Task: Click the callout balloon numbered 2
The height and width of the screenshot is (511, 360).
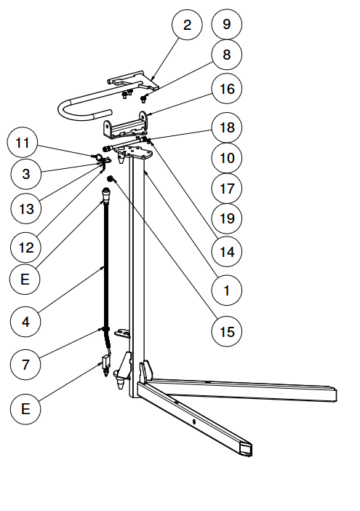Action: coord(187,25)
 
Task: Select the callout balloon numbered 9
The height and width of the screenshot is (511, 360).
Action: coord(227,25)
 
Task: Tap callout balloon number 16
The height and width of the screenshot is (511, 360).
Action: coord(227,88)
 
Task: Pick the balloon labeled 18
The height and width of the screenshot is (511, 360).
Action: coord(227,127)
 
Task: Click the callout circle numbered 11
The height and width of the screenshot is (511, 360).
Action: coord(23,143)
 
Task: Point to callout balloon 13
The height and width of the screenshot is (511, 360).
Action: coord(26,209)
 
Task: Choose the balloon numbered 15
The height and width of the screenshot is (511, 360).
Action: coord(227,332)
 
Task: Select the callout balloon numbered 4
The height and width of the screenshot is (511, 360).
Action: coord(25,322)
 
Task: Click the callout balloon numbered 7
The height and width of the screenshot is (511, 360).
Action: coord(25,364)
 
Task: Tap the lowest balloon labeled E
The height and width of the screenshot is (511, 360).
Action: coord(25,408)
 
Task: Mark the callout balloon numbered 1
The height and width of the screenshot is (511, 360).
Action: coord(227,290)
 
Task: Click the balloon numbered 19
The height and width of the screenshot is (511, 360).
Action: coord(227,218)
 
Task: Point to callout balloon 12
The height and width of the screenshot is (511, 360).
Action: coord(26,247)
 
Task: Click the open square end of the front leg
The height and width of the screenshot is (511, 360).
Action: coord(246,449)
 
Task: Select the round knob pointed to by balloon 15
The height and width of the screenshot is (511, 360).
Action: coord(111,179)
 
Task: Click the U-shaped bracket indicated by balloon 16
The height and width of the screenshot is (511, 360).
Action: coord(126,124)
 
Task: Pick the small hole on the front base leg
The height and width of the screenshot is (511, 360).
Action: coord(194,421)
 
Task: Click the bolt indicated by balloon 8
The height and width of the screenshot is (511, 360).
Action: coord(143,98)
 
